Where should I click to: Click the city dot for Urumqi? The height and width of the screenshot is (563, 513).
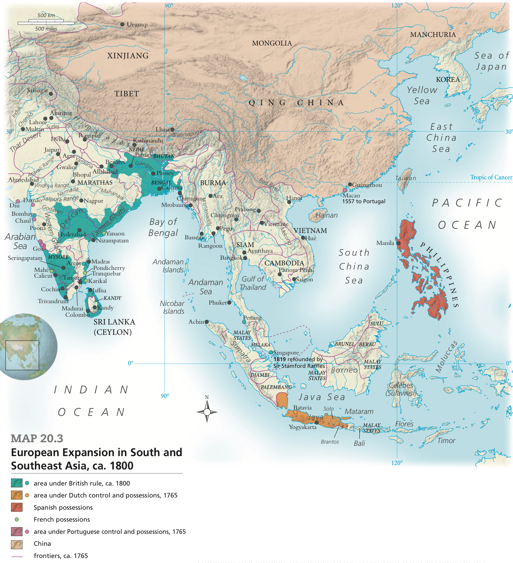click(x=122, y=24)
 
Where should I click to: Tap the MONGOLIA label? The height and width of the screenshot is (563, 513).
click(x=272, y=43)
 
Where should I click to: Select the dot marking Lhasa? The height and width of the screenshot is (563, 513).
click(x=172, y=130)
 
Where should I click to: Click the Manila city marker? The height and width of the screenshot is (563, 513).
click(x=399, y=243)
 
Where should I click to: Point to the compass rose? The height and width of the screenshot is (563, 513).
click(x=207, y=412)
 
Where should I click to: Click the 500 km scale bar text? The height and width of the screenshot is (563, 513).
click(x=46, y=15)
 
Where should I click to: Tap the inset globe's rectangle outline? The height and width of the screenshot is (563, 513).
click(x=22, y=355)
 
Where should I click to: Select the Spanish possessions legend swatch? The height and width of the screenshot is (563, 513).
click(x=16, y=507)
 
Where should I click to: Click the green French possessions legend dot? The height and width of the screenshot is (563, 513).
click(x=17, y=519)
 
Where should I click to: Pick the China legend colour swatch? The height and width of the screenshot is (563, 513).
click(x=16, y=544)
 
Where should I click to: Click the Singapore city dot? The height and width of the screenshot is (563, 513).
click(x=271, y=353)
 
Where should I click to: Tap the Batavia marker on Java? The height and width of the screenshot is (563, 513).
click(x=295, y=412)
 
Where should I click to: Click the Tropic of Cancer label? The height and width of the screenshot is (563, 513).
click(x=491, y=177)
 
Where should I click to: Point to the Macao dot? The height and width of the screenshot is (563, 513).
click(x=344, y=190)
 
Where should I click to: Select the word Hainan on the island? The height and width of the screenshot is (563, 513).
click(x=326, y=215)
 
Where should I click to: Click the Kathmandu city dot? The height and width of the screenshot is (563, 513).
click(x=134, y=145)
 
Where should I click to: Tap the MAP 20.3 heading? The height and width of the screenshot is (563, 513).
click(x=37, y=438)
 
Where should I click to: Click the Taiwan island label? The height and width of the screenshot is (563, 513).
click(x=406, y=178)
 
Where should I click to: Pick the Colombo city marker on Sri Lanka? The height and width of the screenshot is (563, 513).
click(x=88, y=311)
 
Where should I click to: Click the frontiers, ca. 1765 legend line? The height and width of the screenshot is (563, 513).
click(x=17, y=556)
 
